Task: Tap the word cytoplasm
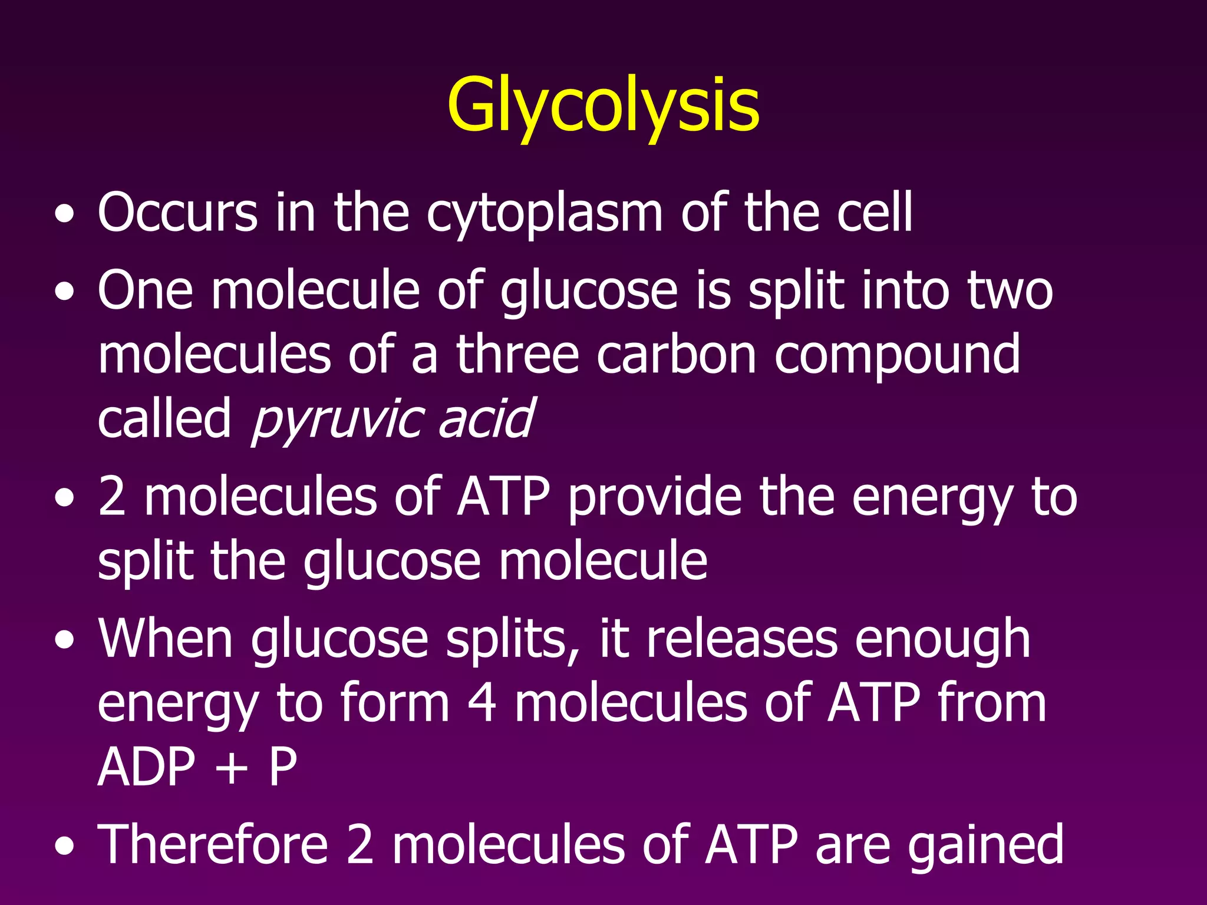pos(545,213)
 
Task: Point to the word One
pos(145,290)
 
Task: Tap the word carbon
pos(676,354)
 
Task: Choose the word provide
pos(655,498)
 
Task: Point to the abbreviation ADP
pos(146,767)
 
